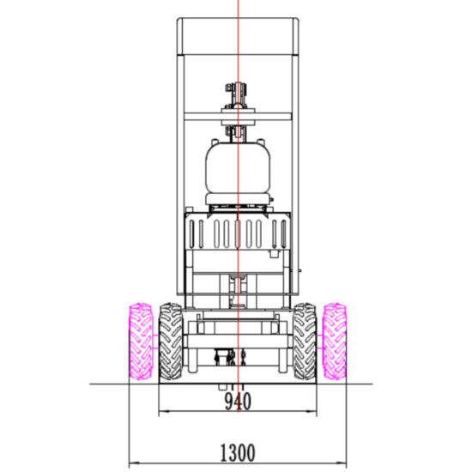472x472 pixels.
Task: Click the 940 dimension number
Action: point(238,402)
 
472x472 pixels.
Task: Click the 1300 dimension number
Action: point(238,453)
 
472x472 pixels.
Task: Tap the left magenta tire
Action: point(141,342)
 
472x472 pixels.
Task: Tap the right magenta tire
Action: point(334,342)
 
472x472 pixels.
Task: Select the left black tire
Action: point(171,342)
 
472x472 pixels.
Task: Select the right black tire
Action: point(305,342)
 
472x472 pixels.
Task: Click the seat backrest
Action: point(238,167)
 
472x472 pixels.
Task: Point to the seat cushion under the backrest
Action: point(238,199)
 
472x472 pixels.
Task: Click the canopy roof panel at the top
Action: point(238,36)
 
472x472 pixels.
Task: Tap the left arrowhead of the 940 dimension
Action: point(162,411)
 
